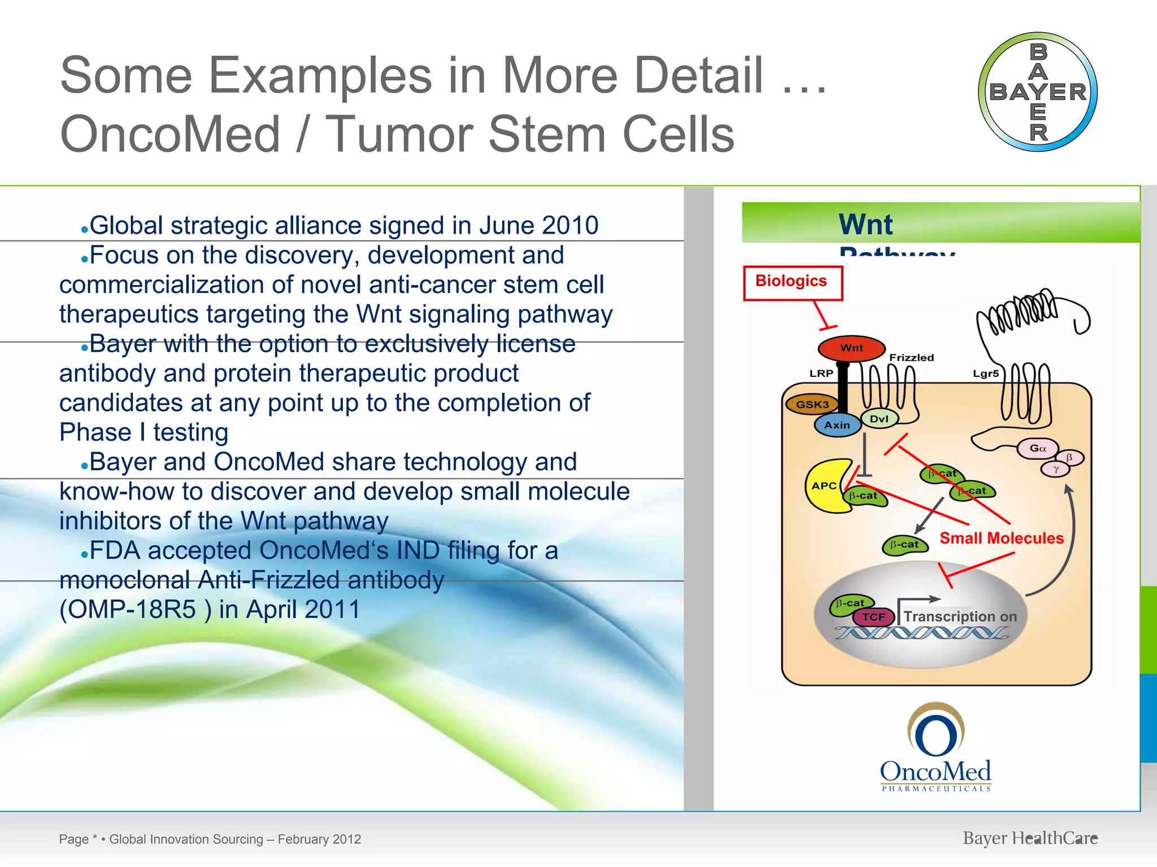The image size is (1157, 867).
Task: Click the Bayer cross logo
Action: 1038,92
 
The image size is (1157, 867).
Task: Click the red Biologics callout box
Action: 792,283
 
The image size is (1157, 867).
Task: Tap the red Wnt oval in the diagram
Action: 851,348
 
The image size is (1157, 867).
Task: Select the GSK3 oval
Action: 812,405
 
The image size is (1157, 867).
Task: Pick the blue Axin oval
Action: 837,425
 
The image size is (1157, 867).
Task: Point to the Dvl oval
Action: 879,419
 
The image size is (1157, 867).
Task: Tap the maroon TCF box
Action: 873,617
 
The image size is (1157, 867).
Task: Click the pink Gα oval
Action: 1037,448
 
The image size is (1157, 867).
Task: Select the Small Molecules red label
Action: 1001,538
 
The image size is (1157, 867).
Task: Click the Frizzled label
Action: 911,358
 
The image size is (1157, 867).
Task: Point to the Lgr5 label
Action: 985,374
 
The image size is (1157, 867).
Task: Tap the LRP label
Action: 821,374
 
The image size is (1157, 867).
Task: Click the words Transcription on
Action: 960,616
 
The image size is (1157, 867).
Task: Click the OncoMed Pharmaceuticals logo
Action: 936,748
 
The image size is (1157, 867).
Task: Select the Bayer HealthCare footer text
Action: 1030,838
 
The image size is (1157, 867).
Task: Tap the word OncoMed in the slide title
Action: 169,134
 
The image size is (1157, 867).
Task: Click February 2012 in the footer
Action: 319,839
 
